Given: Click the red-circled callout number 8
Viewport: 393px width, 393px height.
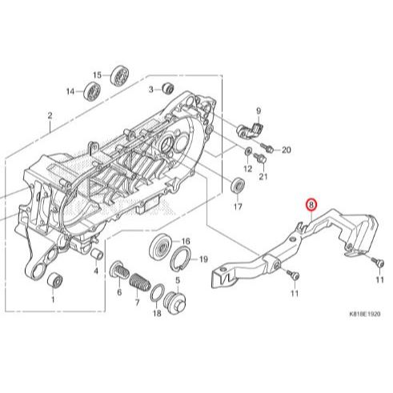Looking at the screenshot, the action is [x=311, y=205].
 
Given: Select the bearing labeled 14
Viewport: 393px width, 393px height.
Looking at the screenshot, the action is [x=92, y=91].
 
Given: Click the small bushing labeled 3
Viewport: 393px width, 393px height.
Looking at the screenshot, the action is [x=168, y=88].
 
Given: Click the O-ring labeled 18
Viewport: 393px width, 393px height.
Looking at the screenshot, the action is [x=158, y=292].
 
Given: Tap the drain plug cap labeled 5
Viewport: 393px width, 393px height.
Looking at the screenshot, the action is [x=174, y=303].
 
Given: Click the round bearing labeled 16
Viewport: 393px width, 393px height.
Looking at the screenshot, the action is [x=161, y=247].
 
